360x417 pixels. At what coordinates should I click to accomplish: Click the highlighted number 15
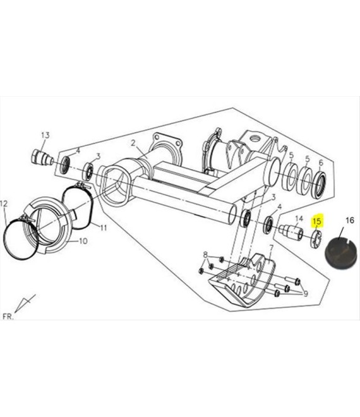(317, 221)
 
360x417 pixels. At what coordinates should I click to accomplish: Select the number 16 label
(350, 221)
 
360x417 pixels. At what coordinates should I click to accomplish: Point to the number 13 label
(45, 135)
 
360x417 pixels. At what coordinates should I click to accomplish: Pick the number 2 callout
(133, 143)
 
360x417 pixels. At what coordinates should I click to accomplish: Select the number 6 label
(321, 162)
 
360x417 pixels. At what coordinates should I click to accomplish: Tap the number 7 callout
(271, 248)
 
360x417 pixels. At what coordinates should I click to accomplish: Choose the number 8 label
(205, 255)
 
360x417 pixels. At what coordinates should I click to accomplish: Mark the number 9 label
(306, 294)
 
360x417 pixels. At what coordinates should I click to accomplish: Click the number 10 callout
(83, 241)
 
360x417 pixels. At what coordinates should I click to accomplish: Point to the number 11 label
(104, 227)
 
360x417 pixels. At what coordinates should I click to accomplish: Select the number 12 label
(4, 203)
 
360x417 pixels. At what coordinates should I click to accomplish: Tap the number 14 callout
(299, 219)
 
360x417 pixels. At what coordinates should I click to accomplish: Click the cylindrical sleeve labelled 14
(291, 232)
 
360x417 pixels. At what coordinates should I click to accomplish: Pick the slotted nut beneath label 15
(316, 239)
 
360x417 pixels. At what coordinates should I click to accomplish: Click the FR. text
(8, 317)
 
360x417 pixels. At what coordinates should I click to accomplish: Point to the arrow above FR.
(25, 303)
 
